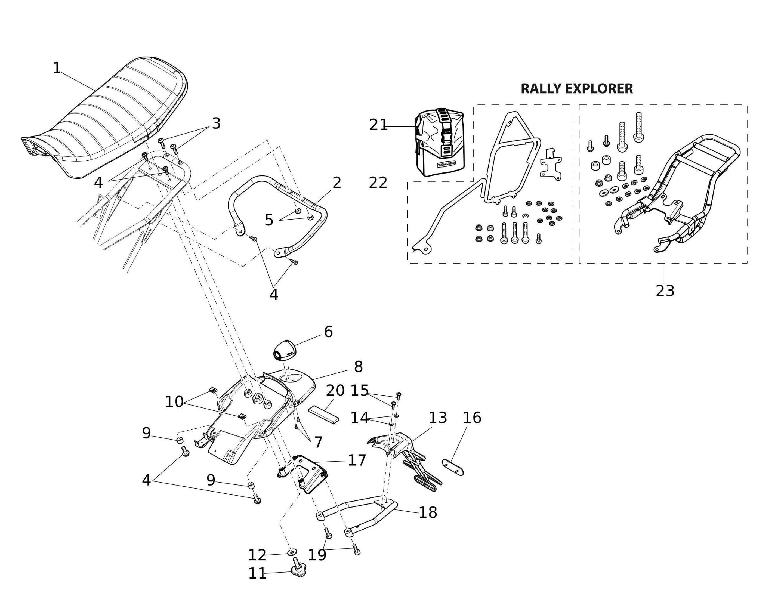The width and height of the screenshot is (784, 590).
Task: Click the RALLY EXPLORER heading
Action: pos(576,89)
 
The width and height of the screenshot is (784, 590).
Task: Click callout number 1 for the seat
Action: pos(57,68)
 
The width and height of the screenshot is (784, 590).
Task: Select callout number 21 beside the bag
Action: pos(378,125)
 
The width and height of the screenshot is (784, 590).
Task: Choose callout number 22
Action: pos(378,183)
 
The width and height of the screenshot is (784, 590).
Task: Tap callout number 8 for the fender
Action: pos(358,367)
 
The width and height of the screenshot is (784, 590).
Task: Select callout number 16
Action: pos(472,418)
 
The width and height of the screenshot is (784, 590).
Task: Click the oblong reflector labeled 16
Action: pos(453,467)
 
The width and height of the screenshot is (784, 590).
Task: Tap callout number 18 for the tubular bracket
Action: pos(428,512)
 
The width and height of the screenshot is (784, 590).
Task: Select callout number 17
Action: pos(357,461)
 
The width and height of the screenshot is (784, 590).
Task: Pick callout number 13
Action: pos(438,418)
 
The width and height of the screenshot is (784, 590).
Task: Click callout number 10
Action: pos(174,402)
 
